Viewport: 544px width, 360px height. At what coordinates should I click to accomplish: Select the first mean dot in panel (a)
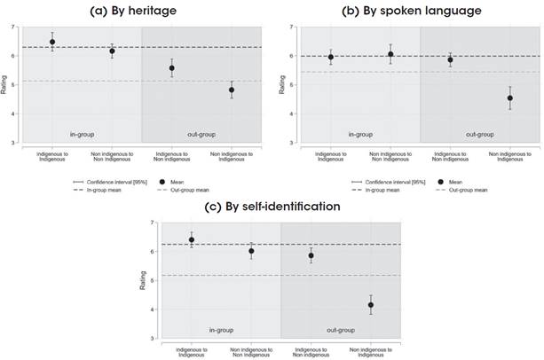tap(52, 42)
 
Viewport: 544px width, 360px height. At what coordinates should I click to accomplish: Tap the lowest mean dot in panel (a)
tap(232, 90)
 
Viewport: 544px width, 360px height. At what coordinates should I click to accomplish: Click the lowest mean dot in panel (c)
tap(370, 305)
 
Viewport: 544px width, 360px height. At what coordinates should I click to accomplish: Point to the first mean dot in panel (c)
tap(192, 239)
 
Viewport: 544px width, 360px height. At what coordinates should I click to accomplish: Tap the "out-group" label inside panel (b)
tap(479, 134)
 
